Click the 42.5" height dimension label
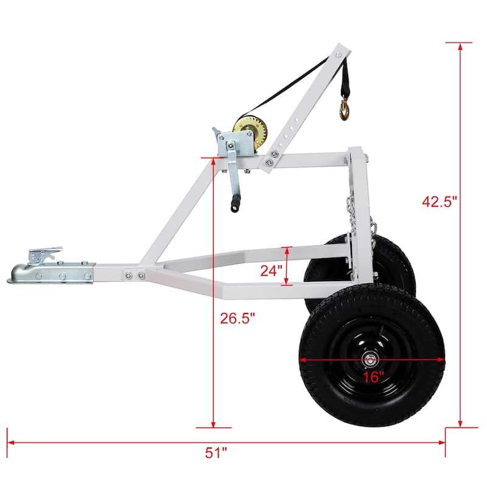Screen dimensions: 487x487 [439, 201]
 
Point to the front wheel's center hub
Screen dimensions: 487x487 [370, 359]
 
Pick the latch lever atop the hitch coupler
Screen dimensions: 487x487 [45, 253]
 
